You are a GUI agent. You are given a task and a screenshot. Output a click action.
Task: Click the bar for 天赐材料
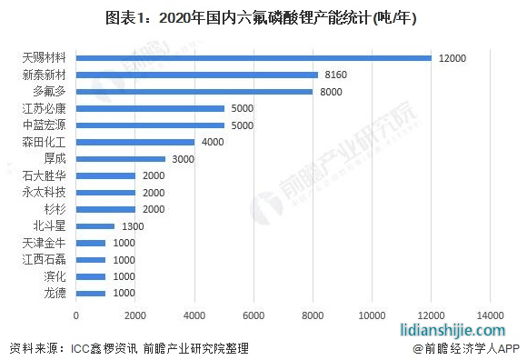pos(254,57)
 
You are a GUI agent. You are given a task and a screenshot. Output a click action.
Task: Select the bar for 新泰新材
pos(197,75)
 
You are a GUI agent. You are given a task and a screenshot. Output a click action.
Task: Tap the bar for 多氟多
pos(194,91)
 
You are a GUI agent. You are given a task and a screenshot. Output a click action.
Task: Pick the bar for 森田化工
pos(135,142)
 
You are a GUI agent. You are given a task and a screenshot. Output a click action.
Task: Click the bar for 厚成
pos(121,158)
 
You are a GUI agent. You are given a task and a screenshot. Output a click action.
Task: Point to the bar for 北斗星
pos(95,225)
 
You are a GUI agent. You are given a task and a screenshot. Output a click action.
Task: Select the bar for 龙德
pos(91,293)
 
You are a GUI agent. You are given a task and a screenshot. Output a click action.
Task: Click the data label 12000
pos(452,58)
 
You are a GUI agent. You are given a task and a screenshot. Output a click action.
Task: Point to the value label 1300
pos(133,226)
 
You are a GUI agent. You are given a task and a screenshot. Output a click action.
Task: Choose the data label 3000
pos(184,159)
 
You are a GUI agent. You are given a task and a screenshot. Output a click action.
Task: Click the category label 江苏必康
pos(44,108)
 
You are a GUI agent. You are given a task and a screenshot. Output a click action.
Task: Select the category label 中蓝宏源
pos(44,125)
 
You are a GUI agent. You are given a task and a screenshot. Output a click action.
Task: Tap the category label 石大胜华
pos(44,175)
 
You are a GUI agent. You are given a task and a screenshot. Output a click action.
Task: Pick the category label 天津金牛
pos(44,243)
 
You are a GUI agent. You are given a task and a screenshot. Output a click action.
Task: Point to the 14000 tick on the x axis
pos(491,315)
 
